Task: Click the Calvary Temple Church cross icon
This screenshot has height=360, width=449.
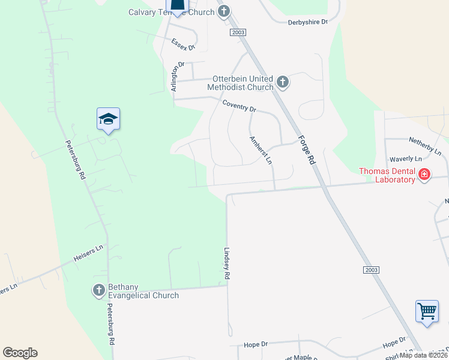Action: [x=224, y=11]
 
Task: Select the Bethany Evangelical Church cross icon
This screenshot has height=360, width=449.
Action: [x=99, y=291]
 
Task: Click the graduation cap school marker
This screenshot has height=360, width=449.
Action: [x=108, y=119]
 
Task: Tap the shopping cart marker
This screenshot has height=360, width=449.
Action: [x=427, y=312]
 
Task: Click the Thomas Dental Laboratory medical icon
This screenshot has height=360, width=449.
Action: [x=424, y=175]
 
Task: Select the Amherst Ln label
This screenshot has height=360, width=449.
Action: [x=261, y=151]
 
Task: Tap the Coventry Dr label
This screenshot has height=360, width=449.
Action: [x=239, y=107]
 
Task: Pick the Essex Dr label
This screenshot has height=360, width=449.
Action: [x=184, y=44]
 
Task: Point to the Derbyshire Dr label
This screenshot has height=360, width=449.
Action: [x=308, y=22]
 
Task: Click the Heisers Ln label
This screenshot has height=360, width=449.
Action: [x=89, y=253]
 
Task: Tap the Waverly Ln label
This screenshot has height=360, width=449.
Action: [x=406, y=159]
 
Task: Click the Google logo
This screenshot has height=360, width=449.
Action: [x=20, y=353]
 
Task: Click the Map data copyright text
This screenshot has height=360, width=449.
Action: [x=424, y=355]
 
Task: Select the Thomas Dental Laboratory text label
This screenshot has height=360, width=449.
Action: [x=387, y=175]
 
